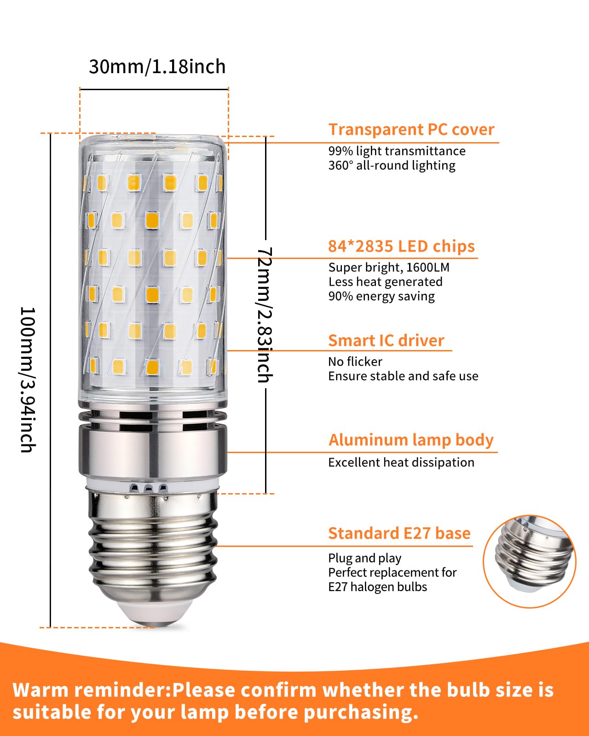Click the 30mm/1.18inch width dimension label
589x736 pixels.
[x=157, y=67]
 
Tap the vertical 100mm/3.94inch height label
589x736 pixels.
[x=28, y=379]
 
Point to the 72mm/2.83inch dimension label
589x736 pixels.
[x=265, y=315]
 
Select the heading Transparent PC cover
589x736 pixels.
[x=411, y=130]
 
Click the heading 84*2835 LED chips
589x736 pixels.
[x=401, y=247]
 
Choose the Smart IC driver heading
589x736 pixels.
[x=386, y=341]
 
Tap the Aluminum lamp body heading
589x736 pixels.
[x=411, y=440]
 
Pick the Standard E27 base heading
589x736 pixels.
[x=399, y=534]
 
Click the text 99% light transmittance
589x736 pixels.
[x=397, y=151]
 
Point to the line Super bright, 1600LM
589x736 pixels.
[x=389, y=268]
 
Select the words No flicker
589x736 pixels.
[x=355, y=362]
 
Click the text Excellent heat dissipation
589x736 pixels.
[x=401, y=463]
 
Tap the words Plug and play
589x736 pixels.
[x=364, y=558]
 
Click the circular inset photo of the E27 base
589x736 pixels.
[x=529, y=561]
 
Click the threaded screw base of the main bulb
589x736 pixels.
[x=153, y=547]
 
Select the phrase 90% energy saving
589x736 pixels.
[x=381, y=296]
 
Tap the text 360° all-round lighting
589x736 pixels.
[x=392, y=166]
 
